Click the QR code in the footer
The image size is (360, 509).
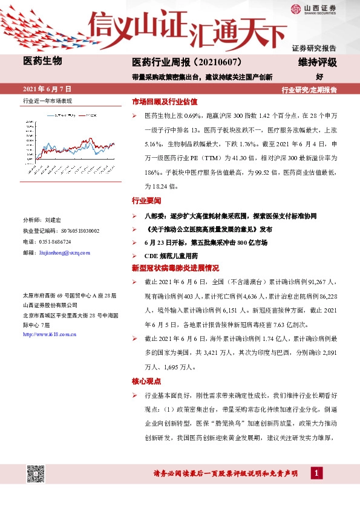coord(36,473)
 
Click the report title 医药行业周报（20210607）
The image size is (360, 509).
coord(188,62)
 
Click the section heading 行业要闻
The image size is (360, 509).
coord(146,200)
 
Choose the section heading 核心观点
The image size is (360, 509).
coord(146,381)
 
